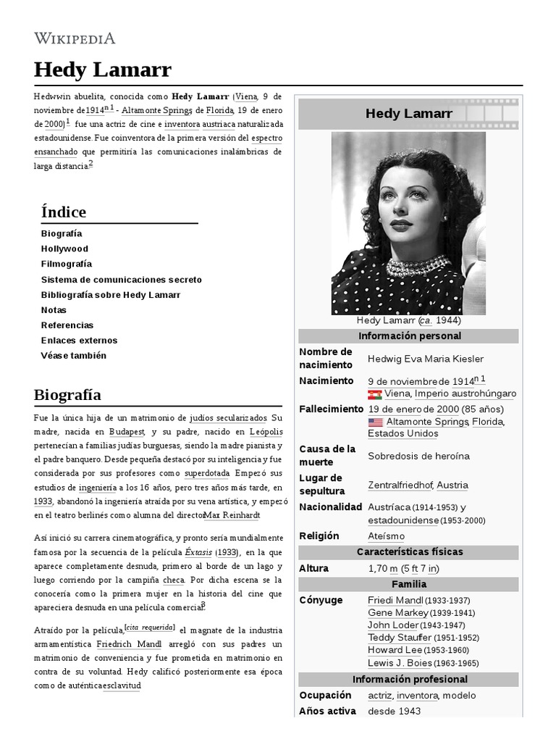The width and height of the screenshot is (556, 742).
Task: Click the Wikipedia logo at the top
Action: (x=75, y=38)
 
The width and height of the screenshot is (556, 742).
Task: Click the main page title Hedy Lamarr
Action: (x=102, y=70)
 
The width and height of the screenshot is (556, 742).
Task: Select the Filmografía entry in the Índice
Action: (x=66, y=264)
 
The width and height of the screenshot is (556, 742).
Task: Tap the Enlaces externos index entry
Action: (x=79, y=340)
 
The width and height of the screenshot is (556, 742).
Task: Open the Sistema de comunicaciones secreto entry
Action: (x=121, y=279)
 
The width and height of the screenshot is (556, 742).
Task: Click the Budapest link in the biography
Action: (x=127, y=431)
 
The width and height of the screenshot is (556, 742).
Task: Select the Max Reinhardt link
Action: (x=231, y=514)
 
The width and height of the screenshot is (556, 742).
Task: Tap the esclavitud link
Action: (x=121, y=685)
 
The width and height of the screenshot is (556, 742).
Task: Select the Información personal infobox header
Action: (x=409, y=336)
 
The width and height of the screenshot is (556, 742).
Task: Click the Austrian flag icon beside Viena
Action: (x=375, y=394)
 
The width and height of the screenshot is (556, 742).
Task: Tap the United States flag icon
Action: (x=375, y=422)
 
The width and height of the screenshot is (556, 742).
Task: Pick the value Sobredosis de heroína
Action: (x=418, y=456)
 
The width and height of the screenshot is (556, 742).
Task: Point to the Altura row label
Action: (x=313, y=568)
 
